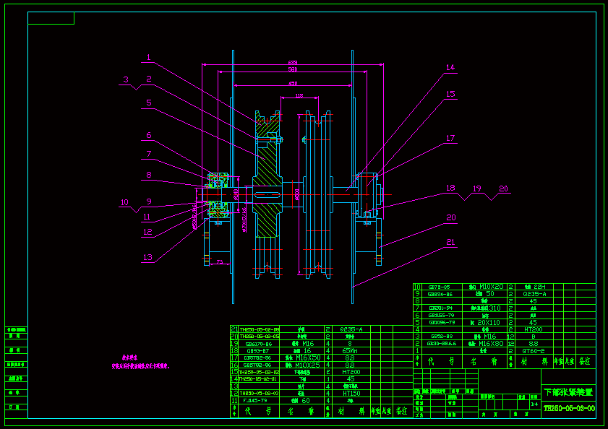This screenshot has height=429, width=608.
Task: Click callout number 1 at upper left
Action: coord(147,58)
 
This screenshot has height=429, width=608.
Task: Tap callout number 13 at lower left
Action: coord(147,257)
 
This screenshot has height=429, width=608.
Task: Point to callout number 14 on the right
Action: coord(450,68)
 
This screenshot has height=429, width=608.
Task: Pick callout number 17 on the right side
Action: coord(450,138)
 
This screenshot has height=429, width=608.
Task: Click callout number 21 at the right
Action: coord(450,242)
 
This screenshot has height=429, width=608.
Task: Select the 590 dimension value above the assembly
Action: coord(293,70)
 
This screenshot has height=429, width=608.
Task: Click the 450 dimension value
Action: coord(293,84)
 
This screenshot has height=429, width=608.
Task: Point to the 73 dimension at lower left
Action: coord(218,263)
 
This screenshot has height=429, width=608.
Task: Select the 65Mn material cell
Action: coord(351,350)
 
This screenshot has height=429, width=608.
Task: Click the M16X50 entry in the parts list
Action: coord(307,357)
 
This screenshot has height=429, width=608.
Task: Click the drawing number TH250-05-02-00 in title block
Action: coord(568,408)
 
